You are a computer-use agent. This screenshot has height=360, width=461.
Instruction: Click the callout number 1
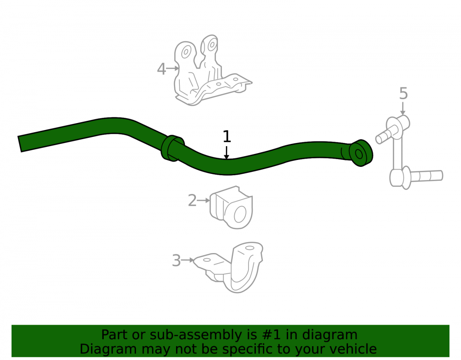(x=227, y=136)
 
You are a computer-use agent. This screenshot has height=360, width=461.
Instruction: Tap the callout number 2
(x=192, y=201)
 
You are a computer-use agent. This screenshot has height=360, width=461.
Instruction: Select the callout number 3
(x=177, y=261)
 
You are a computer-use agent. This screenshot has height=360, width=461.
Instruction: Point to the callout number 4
(x=161, y=69)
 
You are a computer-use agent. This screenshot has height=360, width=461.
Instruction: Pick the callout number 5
(x=403, y=94)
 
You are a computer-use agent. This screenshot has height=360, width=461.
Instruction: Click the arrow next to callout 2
(x=204, y=201)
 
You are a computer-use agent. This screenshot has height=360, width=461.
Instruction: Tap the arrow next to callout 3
(x=188, y=260)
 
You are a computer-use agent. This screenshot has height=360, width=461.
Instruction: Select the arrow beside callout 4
(x=173, y=69)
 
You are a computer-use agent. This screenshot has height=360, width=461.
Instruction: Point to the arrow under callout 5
(x=403, y=108)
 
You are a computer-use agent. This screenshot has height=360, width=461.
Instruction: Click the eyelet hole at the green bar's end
(x=359, y=154)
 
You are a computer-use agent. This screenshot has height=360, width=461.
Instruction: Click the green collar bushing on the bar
(x=172, y=148)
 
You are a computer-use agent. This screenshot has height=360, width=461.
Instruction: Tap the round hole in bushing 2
(x=240, y=214)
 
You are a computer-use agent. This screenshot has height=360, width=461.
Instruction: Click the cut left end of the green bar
(x=20, y=144)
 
